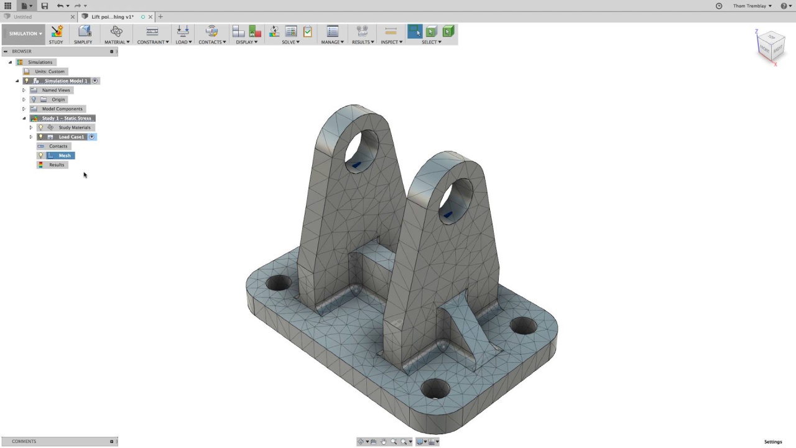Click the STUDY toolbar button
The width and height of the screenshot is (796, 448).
click(56, 34)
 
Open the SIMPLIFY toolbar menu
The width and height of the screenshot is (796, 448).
click(83, 34)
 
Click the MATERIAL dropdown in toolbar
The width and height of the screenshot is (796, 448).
click(117, 42)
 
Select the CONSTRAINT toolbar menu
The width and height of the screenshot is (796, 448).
click(152, 42)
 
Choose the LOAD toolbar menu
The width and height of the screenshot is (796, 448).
click(183, 42)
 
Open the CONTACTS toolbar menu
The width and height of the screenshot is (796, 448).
click(212, 42)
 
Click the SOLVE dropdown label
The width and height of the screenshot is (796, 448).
click(290, 42)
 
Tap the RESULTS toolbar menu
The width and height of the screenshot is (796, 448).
click(363, 42)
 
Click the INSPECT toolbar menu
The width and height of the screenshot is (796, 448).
click(391, 42)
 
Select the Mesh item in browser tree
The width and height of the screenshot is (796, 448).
click(65, 156)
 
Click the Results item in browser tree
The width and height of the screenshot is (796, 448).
click(57, 165)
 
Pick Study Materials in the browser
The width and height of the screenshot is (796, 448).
click(74, 128)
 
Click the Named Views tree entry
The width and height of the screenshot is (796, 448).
click(56, 90)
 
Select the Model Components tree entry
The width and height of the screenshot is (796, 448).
click(62, 109)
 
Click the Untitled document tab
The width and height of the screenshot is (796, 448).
click(23, 17)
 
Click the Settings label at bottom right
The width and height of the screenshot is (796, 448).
click(773, 442)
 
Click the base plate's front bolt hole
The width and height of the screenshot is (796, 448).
click(435, 389)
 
